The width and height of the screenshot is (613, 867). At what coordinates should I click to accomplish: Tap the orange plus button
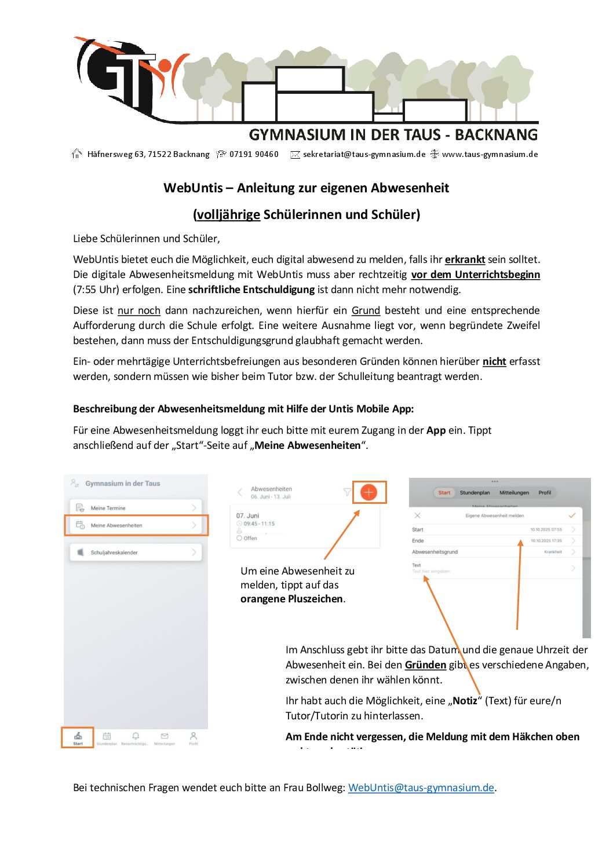point(368,492)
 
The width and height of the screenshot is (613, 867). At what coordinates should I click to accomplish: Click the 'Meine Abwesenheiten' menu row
point(136,525)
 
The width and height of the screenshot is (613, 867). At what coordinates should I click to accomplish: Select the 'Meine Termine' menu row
point(136,508)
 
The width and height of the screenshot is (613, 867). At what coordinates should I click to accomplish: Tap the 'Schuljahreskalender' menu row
point(136,553)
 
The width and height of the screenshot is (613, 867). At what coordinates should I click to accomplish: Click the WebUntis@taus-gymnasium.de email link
point(421,788)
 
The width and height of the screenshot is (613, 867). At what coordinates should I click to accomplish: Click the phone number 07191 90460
point(254,154)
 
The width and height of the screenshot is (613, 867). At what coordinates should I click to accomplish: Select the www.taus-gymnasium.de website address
point(490,154)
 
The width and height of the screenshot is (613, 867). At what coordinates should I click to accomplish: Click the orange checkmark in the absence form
point(572,515)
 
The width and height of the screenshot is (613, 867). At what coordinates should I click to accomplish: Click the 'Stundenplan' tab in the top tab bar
point(475,493)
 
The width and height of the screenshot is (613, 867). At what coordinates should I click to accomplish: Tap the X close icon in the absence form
point(417,515)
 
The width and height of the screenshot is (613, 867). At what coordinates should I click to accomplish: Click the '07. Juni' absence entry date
point(247,515)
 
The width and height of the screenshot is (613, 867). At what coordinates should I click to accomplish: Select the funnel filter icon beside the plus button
point(347,492)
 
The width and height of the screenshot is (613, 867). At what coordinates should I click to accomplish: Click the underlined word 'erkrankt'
point(465,259)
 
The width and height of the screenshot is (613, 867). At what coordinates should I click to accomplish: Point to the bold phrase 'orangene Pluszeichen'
point(291,599)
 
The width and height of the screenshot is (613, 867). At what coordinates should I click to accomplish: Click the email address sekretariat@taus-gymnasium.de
point(364,154)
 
